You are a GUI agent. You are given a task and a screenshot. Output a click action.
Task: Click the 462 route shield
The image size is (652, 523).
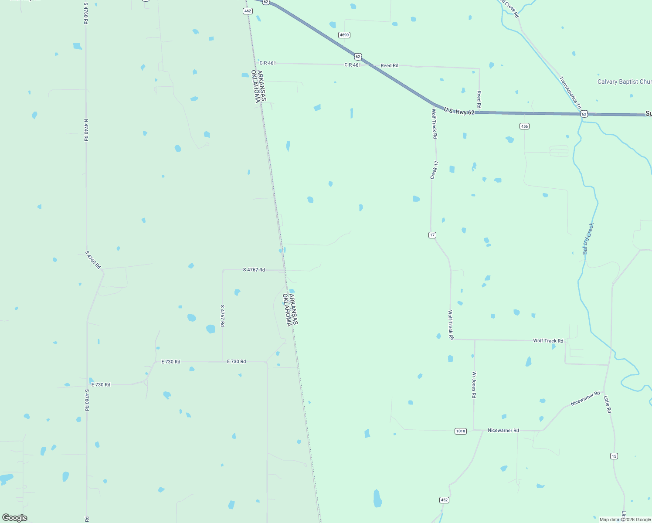(x=248, y=11)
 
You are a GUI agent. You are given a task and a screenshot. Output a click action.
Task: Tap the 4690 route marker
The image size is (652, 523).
(x=344, y=35)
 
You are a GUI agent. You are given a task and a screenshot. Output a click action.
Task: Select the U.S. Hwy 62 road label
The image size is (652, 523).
(x=459, y=112)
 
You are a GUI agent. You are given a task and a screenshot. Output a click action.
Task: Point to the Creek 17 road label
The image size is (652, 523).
(x=434, y=170)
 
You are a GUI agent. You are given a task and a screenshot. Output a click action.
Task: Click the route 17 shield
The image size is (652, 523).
(x=432, y=235)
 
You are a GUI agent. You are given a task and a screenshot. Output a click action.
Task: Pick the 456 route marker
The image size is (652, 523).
(x=524, y=126)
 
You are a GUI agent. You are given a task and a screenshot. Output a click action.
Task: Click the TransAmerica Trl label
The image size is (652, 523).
(x=570, y=93)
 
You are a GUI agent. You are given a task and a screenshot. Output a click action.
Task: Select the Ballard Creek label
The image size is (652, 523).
(x=588, y=238)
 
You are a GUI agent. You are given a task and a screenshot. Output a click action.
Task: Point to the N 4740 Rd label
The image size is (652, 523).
(x=86, y=130)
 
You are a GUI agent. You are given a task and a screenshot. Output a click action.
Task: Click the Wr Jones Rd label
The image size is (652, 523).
(x=474, y=384)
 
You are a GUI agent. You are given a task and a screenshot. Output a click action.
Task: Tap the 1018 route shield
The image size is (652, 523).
(x=461, y=431)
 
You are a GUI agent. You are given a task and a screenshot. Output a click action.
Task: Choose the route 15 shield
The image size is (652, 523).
(x=614, y=456)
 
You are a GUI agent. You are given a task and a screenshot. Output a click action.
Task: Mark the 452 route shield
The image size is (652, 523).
(x=444, y=500)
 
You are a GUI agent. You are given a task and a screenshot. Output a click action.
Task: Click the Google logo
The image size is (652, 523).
(x=15, y=517)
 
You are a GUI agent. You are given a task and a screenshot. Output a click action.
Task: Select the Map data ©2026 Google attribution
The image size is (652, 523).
(x=625, y=520)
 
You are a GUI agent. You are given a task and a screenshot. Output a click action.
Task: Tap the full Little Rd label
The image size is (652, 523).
(x=607, y=404)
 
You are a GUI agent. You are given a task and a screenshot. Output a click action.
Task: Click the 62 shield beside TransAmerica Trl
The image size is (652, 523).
(x=584, y=114)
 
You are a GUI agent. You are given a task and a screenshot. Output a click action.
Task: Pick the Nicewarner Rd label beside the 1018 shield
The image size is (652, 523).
(x=503, y=430)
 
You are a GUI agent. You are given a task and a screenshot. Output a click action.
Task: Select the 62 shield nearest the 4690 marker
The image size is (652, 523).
(x=358, y=57)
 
